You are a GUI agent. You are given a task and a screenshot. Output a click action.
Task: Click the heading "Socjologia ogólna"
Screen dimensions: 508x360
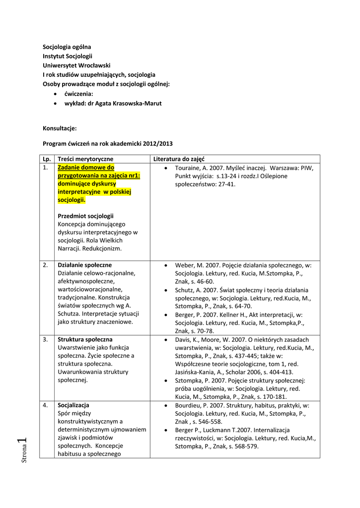click(67, 47)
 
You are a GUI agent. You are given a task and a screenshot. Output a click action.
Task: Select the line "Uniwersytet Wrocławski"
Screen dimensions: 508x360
click(76, 65)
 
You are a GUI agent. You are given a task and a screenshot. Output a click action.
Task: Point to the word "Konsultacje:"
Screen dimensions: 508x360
click(60, 128)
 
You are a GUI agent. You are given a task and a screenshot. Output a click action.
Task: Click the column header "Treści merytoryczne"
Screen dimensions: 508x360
click(85, 159)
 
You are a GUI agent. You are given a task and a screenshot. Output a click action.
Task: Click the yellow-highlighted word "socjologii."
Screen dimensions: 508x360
click(72, 200)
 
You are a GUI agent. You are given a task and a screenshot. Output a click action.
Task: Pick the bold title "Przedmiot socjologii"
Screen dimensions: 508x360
click(85, 216)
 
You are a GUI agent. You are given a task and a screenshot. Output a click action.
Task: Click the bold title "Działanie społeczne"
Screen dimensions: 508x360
click(85, 265)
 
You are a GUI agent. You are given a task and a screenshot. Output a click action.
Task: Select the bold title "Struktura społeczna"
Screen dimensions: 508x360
click(85, 340)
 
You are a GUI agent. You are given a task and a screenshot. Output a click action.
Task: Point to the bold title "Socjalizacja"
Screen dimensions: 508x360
click(73, 405)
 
